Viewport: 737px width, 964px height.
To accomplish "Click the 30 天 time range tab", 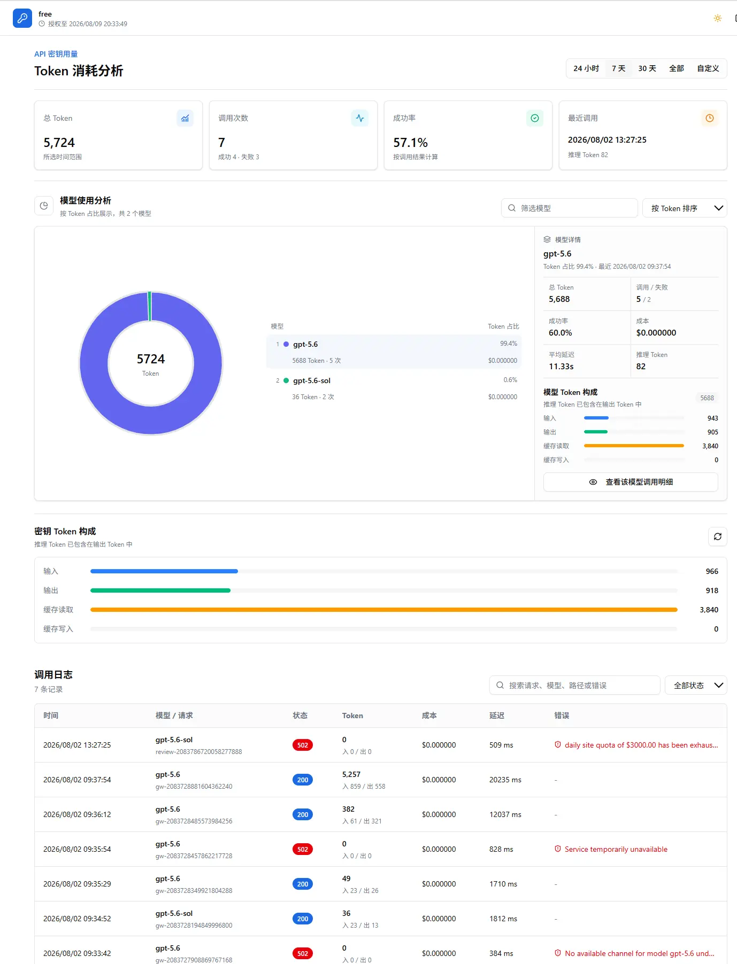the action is [647, 68].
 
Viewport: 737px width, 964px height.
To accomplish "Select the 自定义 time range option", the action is [708, 68].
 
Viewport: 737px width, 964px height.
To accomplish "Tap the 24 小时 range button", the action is [586, 68].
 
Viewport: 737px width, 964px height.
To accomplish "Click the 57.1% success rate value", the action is [410, 143].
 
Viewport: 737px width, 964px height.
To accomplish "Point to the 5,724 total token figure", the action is [59, 143].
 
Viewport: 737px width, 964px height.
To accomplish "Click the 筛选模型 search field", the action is [569, 208].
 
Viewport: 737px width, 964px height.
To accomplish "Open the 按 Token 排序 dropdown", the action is [685, 208].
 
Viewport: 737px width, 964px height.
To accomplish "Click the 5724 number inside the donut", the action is [151, 359].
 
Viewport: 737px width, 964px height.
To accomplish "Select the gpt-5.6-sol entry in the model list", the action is [312, 380].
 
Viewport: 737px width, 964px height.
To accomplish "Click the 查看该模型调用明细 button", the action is [631, 482].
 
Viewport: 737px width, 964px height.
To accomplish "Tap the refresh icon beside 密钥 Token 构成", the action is [717, 537].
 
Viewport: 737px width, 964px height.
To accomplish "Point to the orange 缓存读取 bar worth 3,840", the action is [384, 610].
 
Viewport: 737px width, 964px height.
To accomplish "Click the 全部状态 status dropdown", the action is [696, 685].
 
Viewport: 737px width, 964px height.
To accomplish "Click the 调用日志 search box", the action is [574, 685].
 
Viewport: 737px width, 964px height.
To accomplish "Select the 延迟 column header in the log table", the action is [497, 716].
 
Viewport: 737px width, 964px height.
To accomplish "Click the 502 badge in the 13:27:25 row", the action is [303, 745].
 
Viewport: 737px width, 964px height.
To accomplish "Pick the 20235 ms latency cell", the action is [505, 780].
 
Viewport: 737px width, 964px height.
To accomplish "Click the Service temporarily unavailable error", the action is [616, 849].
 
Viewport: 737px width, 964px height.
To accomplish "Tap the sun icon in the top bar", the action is [718, 18].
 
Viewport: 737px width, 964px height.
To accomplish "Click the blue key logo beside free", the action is [22, 18].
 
